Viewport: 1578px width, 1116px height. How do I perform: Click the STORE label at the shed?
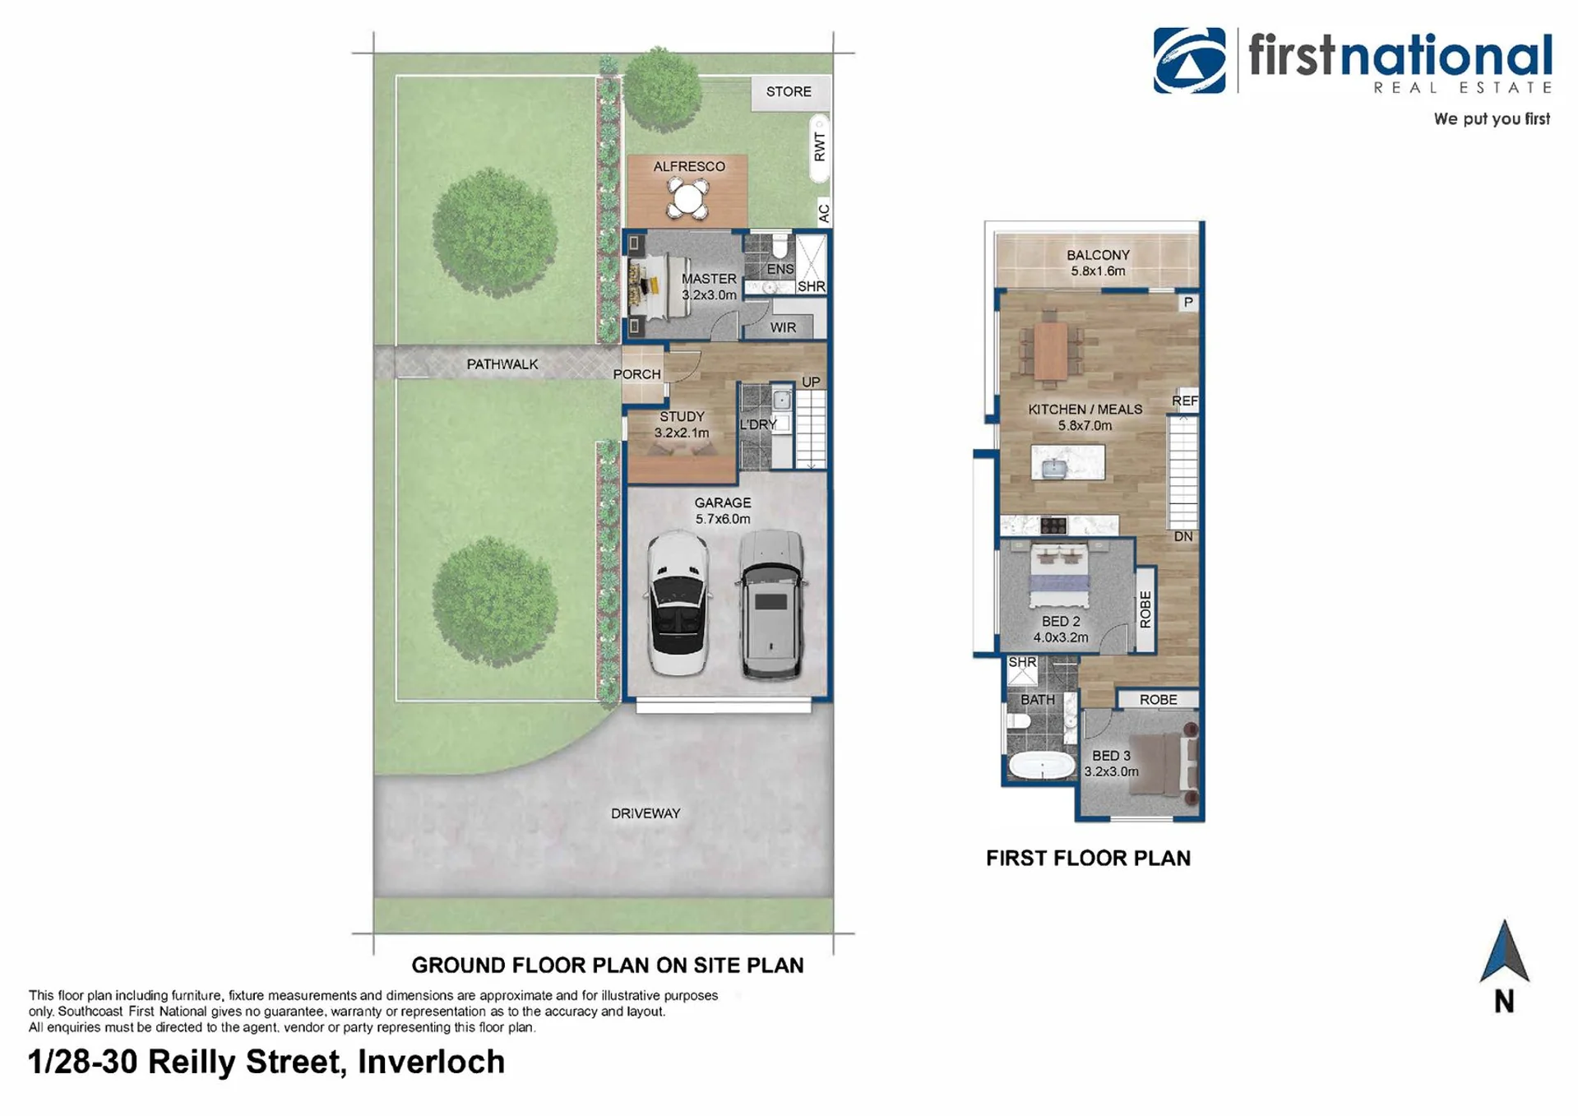(789, 91)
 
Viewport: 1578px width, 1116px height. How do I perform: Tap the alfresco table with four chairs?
(687, 198)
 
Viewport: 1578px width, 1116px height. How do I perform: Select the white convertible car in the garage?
(678, 604)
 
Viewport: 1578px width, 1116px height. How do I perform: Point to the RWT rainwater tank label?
(819, 147)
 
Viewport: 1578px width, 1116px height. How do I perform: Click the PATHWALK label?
(502, 364)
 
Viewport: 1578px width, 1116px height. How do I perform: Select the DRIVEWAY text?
(646, 813)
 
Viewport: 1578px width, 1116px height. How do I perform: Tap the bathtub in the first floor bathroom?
(1042, 766)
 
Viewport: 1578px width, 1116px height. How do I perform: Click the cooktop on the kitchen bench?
(1053, 526)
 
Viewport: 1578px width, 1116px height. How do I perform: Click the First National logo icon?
(1189, 60)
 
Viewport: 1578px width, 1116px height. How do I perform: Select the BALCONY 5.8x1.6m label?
(1098, 263)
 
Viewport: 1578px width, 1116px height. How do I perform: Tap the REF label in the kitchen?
(1185, 401)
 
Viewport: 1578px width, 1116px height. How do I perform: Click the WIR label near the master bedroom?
(783, 327)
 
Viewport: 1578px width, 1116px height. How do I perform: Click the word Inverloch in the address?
(431, 1062)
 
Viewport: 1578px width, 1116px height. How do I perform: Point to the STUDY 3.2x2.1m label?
(682, 424)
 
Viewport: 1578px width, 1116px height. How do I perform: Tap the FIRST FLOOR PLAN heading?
(1088, 859)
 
